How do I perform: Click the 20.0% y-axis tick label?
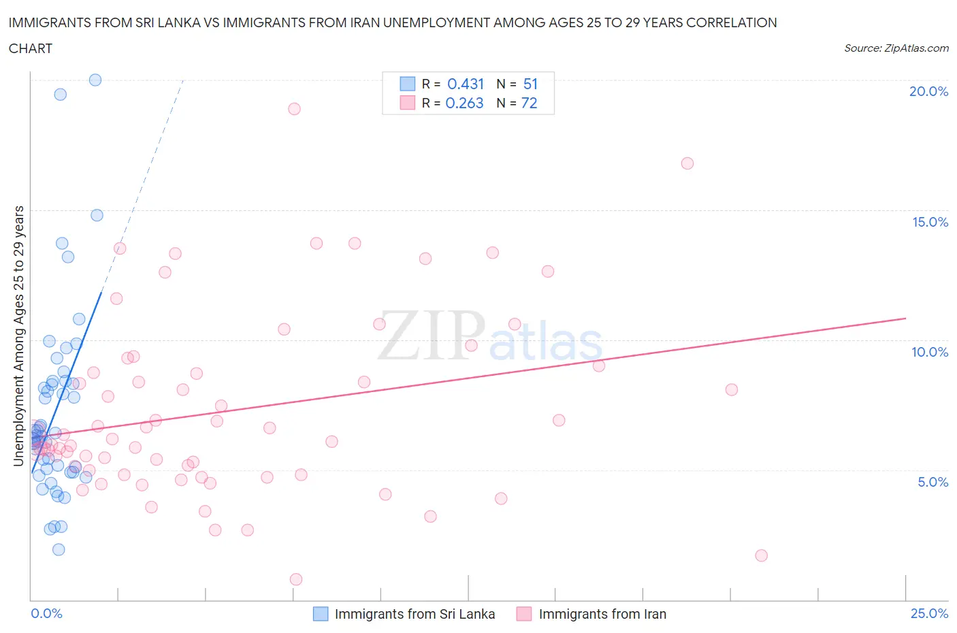click(x=928, y=91)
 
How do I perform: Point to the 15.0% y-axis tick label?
click(x=930, y=222)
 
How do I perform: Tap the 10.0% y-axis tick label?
click(x=930, y=352)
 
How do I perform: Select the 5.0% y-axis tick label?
click(x=932, y=482)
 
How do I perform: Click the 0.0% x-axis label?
click(x=46, y=613)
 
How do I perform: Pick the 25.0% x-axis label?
click(x=929, y=613)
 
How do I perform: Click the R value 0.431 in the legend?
click(x=466, y=84)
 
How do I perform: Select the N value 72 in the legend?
click(x=529, y=103)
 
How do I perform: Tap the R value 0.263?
click(x=464, y=103)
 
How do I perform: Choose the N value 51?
click(x=530, y=84)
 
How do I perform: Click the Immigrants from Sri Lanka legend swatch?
click(x=321, y=614)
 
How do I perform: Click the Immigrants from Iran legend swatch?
click(x=523, y=614)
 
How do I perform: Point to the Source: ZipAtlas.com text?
click(x=896, y=48)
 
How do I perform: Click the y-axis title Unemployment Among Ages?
click(x=18, y=336)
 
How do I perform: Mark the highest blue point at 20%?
click(x=95, y=80)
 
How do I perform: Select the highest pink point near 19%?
click(x=294, y=109)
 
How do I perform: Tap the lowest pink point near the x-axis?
click(x=296, y=579)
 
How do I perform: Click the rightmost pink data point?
click(x=761, y=555)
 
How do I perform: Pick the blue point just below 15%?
click(x=97, y=215)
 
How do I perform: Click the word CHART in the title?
click(x=31, y=48)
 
